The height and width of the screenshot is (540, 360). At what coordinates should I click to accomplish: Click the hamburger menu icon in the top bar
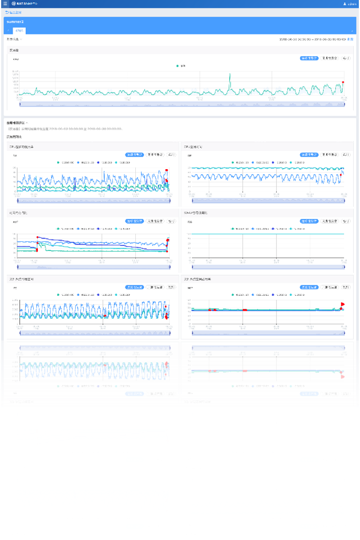pyautogui.click(x=5, y=3)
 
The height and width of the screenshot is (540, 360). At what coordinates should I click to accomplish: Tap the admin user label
pyautogui.click(x=352, y=4)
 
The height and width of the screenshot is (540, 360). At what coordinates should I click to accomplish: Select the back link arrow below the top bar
pyautogui.click(x=7, y=11)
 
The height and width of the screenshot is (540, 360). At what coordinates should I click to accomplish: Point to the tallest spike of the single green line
pyautogui.click(x=230, y=75)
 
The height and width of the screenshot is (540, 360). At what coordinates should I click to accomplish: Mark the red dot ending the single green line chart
pyautogui.click(x=343, y=82)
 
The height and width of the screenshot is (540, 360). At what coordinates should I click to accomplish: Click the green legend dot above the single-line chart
pyautogui.click(x=178, y=66)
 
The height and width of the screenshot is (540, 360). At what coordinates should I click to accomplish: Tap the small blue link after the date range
pyautogui.click(x=350, y=39)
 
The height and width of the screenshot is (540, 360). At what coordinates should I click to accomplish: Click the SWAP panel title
pyautogui.click(x=197, y=213)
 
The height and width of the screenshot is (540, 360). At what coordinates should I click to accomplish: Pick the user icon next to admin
pyautogui.click(x=344, y=4)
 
